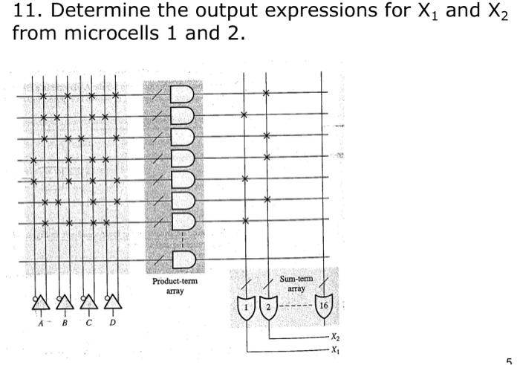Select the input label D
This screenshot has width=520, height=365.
click(x=113, y=323)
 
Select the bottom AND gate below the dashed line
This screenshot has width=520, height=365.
click(x=182, y=259)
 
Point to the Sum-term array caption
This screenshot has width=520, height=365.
click(x=296, y=283)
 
